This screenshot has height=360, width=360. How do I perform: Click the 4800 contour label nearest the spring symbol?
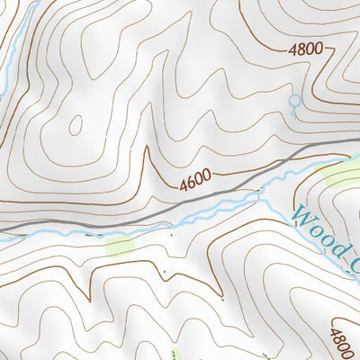coord(306,50)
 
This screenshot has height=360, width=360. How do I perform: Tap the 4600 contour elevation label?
coord(197,182)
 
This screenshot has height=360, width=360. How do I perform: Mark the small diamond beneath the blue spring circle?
coord(293,114)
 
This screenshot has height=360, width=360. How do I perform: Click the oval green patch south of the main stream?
coord(119,244)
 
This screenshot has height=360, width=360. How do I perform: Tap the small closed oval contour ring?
coord(76,125)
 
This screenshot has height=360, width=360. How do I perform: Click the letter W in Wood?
coord(300,217)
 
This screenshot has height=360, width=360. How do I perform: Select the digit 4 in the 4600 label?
coord(184,186)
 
